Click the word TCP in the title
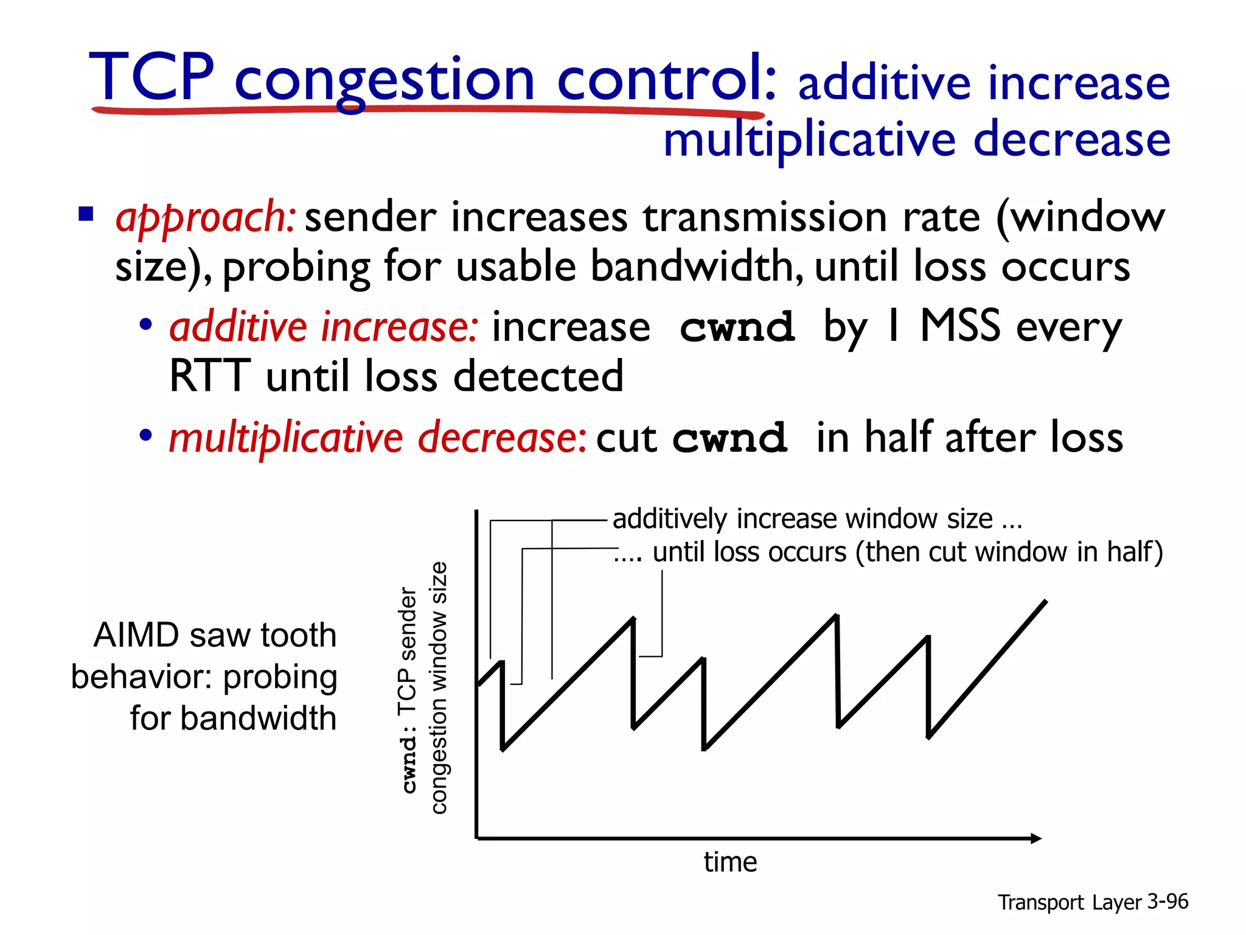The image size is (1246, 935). (x=152, y=77)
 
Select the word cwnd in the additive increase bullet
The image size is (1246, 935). (x=737, y=327)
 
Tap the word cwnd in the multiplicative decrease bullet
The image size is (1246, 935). (x=729, y=438)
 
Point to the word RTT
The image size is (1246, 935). (x=209, y=376)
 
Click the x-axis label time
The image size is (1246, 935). (x=730, y=862)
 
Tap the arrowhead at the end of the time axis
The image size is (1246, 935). (x=1036, y=838)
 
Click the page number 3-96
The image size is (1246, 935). (x=1167, y=902)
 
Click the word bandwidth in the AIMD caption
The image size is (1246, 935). (x=259, y=718)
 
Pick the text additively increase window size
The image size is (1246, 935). (x=803, y=519)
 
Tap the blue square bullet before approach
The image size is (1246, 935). (x=86, y=214)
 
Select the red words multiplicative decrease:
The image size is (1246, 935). (x=377, y=438)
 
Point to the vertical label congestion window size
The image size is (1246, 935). (x=439, y=688)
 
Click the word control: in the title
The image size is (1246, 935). (x=666, y=77)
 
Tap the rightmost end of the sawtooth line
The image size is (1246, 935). (x=1046, y=601)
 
